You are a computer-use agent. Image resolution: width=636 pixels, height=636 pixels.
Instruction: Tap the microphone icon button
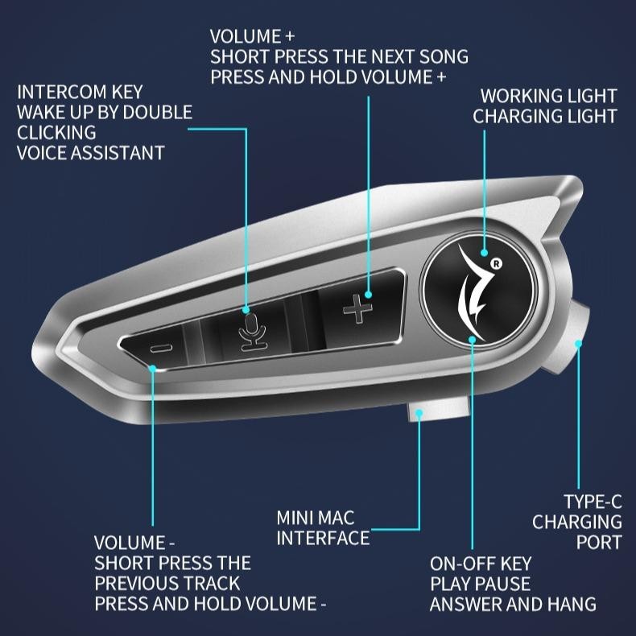pyautogui.click(x=253, y=329)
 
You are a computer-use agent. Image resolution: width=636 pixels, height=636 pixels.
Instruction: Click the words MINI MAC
pyautogui.click(x=316, y=517)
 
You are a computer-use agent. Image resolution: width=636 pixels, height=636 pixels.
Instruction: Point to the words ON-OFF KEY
pyautogui.click(x=481, y=564)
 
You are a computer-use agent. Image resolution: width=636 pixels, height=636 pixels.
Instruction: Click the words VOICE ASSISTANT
pyautogui.click(x=90, y=152)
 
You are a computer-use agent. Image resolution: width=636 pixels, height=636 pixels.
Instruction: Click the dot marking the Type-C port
pyautogui.click(x=577, y=344)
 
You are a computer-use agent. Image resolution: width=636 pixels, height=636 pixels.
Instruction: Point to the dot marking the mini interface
pyautogui.click(x=420, y=412)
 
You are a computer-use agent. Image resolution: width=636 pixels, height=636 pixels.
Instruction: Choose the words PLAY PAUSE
pyautogui.click(x=481, y=584)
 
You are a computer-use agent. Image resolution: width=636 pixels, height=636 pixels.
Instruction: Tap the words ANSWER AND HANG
pyautogui.click(x=513, y=604)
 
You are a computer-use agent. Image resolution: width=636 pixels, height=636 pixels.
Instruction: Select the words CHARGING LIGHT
pyautogui.click(x=544, y=117)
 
